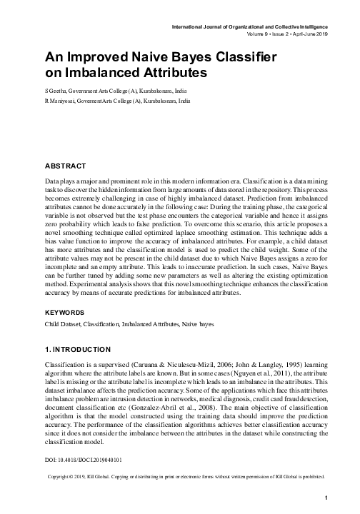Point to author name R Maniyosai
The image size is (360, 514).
[x=60, y=102]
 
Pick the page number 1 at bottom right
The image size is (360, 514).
[x=325, y=498]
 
